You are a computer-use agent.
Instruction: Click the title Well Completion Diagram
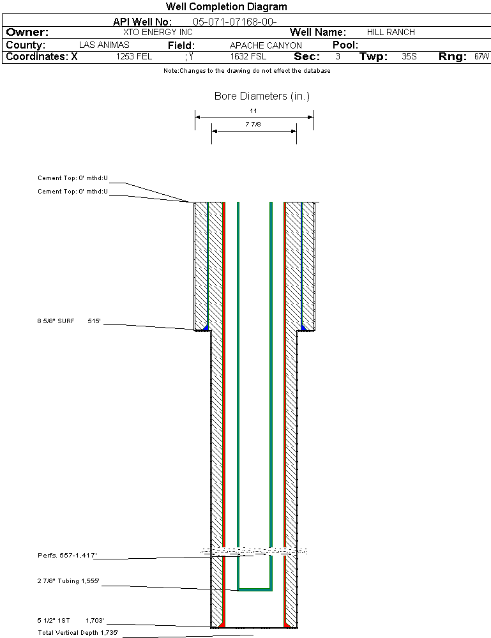click(226, 7)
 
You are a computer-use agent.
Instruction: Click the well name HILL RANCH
click(391, 32)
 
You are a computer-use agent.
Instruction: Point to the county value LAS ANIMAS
click(104, 45)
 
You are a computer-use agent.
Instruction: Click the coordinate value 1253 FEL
click(134, 57)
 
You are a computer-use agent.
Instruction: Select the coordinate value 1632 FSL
click(248, 57)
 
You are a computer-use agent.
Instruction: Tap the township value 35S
click(409, 57)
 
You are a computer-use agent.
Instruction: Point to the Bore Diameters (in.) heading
click(262, 96)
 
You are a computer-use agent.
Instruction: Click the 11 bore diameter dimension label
click(253, 110)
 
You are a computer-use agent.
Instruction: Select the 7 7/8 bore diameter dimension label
click(253, 125)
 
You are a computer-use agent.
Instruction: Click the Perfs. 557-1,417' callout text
click(67, 556)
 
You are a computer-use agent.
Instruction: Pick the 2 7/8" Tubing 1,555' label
click(68, 581)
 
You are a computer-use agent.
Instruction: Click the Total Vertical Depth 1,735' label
click(78, 633)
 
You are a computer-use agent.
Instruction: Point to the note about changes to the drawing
click(246, 71)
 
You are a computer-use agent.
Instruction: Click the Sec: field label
click(307, 57)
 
